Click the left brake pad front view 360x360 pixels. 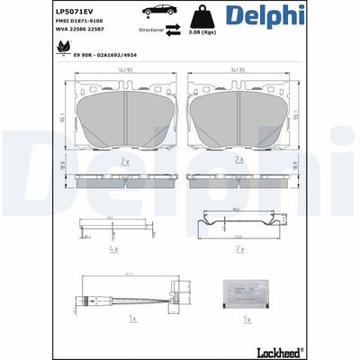(123, 118)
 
